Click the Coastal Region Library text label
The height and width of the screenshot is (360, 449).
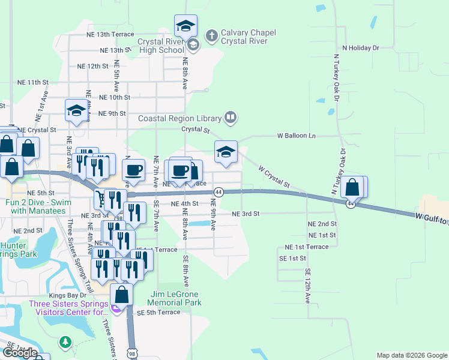coord(180,118)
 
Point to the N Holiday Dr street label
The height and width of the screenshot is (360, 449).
coord(361,47)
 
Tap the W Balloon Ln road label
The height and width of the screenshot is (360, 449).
coord(296,136)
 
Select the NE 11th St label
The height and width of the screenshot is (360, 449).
coord(32,82)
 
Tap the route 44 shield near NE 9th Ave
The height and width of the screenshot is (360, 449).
coord(218,192)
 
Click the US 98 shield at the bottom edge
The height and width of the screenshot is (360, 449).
coord(131,351)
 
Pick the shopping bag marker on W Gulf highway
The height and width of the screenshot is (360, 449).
coord(352,188)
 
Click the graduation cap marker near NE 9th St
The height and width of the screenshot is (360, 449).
coord(76,111)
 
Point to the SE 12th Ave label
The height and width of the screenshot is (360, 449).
coord(307,285)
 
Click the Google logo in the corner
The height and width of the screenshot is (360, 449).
coord(20,353)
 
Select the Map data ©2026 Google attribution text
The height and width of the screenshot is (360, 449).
coord(412,355)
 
